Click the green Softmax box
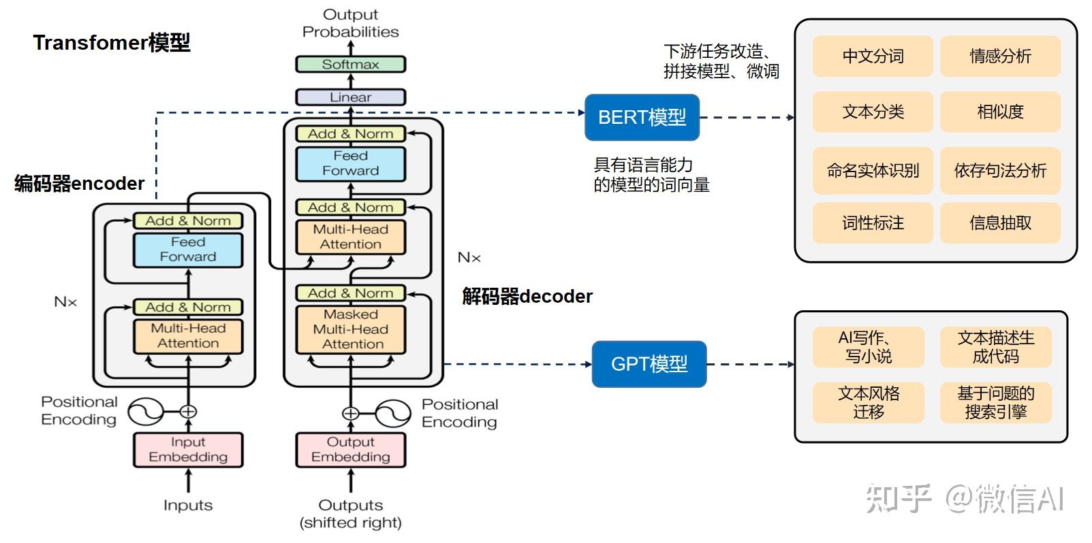tap(350, 65)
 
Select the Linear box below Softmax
tap(350, 97)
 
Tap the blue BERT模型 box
tap(642, 118)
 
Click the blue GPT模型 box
tap(649, 364)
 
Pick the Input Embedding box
tap(188, 450)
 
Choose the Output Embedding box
tap(350, 450)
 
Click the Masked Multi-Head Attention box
tap(350, 329)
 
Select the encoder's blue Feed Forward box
tap(188, 250)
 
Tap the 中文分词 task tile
tap(873, 56)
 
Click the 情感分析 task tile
tap(1000, 56)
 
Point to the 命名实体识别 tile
tap(873, 171)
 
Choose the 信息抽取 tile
tap(1000, 223)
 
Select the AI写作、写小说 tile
tap(868, 347)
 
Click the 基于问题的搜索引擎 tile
tap(995, 402)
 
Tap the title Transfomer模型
tap(112, 43)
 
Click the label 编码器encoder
tap(79, 184)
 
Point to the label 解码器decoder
tap(527, 297)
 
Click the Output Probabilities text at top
tap(350, 23)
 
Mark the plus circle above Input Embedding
tap(188, 412)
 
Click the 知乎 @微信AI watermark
tap(964, 499)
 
